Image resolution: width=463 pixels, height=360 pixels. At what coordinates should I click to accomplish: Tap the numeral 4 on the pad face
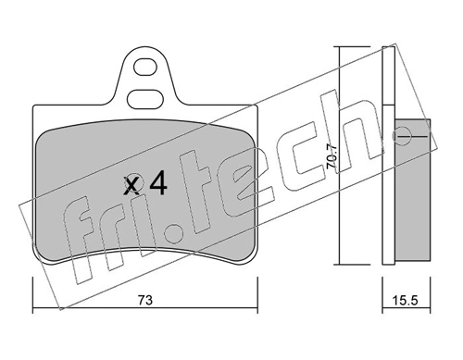pyautogui.click(x=157, y=185)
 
